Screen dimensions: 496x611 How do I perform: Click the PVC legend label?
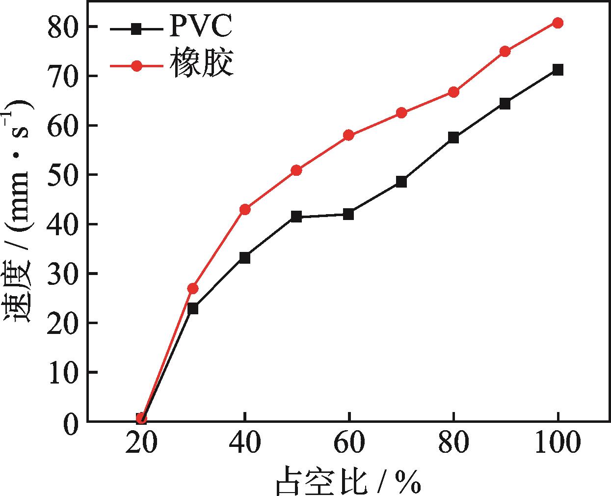[201, 28]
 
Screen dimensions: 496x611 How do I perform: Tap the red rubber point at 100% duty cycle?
[558, 23]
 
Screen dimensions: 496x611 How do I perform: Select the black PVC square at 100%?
[558, 70]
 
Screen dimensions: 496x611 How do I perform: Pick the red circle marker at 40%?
[245, 210]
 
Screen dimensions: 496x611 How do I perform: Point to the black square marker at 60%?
[349, 214]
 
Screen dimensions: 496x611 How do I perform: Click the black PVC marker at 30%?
[193, 308]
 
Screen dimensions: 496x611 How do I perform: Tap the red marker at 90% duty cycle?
[505, 52]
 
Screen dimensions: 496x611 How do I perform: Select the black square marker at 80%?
[453, 138]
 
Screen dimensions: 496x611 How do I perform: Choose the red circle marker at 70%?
[401, 113]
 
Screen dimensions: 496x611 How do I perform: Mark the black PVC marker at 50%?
[296, 217]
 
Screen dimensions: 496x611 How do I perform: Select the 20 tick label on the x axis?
[141, 443]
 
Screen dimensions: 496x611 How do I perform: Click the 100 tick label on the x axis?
[558, 443]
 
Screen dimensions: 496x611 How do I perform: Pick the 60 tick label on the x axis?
[349, 443]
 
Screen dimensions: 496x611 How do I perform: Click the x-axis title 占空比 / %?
[348, 480]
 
